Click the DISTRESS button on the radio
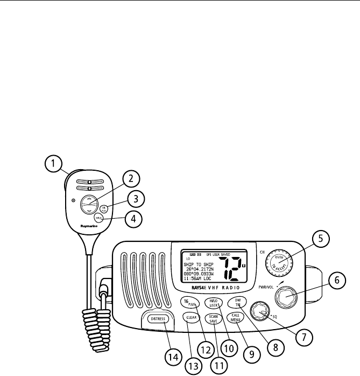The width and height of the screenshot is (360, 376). [156, 319]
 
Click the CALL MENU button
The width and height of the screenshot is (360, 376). [236, 317]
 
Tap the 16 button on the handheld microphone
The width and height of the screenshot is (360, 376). [104, 207]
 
